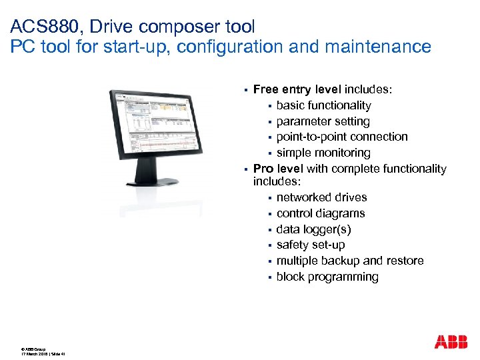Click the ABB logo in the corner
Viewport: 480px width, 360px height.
[x=451, y=342]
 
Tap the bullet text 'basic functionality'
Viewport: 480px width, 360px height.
[x=323, y=105]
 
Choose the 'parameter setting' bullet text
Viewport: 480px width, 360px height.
[x=323, y=121]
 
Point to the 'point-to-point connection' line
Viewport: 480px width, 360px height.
[x=342, y=137]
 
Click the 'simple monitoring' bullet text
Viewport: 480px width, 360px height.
[x=323, y=153]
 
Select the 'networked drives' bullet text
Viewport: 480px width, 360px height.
[x=321, y=197]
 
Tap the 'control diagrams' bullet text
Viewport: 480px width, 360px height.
[x=321, y=213]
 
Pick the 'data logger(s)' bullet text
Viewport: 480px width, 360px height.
[x=313, y=229]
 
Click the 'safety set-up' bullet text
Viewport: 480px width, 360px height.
[x=311, y=245]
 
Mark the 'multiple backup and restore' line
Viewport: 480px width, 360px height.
[x=350, y=261]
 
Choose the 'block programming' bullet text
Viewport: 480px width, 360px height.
[x=327, y=277]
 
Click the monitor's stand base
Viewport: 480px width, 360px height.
[x=159, y=180]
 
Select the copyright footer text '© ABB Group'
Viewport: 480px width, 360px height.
[x=33, y=347]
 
